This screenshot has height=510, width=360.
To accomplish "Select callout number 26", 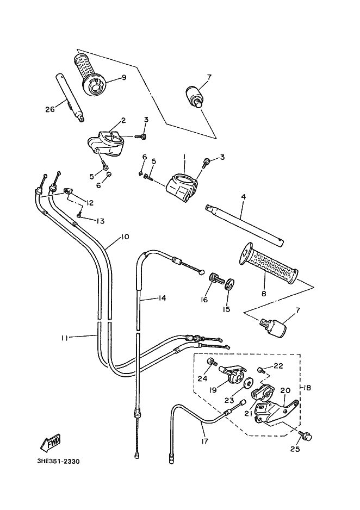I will click(50, 109).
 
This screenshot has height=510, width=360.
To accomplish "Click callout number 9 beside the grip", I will click(123, 78).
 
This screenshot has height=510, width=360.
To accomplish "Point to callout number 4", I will click(244, 196).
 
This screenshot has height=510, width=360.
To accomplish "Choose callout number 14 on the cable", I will click(162, 298).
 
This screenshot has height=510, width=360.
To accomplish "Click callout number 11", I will click(65, 338).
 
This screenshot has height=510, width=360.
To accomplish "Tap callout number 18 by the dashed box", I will click(307, 388).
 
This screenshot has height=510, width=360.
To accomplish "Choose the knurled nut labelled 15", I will click(229, 283).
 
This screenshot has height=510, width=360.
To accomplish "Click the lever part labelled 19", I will click(232, 372).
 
